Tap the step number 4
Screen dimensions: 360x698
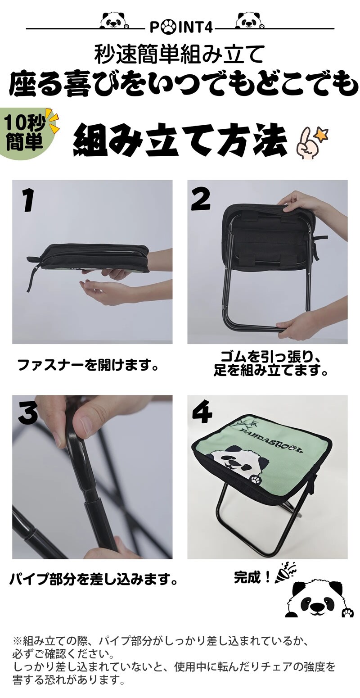tap(202, 411)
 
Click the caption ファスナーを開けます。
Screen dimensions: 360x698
tap(87, 365)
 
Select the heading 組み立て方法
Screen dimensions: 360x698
tap(180, 141)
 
